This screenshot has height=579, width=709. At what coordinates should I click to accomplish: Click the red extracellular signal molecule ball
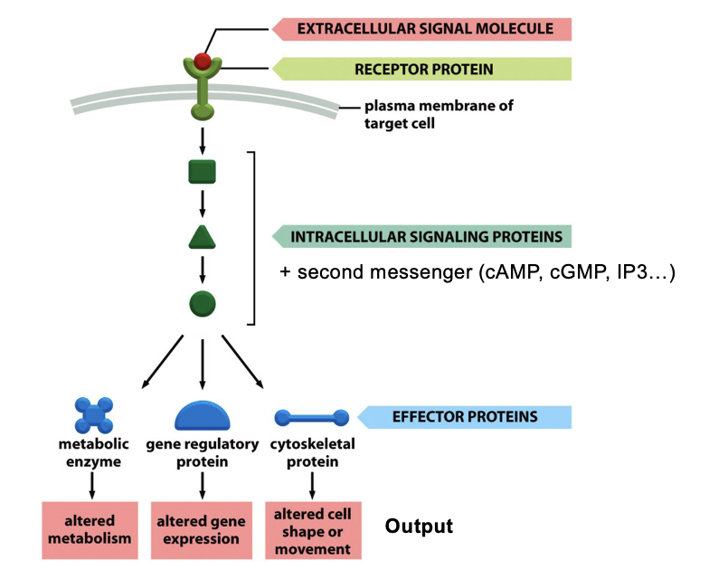coord(203,62)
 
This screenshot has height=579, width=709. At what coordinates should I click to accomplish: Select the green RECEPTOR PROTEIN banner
coord(425,69)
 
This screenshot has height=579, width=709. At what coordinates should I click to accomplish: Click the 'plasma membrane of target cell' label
coord(438,114)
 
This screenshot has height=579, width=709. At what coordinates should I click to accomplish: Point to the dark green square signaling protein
coord(202,171)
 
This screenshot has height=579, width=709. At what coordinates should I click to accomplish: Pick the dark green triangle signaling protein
coord(202,237)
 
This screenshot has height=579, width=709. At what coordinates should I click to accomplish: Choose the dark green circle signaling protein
coord(202,303)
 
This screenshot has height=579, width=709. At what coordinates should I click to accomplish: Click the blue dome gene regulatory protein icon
coord(202,415)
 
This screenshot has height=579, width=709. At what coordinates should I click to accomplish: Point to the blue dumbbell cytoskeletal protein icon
coord(311,418)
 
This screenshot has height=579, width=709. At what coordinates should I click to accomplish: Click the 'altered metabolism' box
coord(90,530)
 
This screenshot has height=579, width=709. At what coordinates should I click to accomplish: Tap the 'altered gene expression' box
coord(202,530)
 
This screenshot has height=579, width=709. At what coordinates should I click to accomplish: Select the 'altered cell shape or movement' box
coord(313,530)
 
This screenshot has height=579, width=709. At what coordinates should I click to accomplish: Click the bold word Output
coord(419,526)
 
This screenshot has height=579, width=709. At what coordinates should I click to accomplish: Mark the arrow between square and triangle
coord(202,204)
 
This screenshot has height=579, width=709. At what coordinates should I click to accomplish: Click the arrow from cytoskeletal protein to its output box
coord(312,485)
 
